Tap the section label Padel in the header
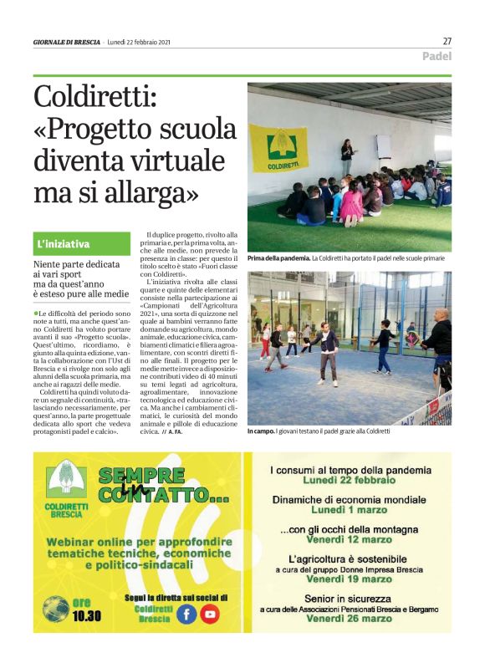436,57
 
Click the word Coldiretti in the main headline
94,98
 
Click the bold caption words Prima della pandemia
278,259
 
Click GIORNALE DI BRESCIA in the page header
67,42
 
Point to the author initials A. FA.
175,432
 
